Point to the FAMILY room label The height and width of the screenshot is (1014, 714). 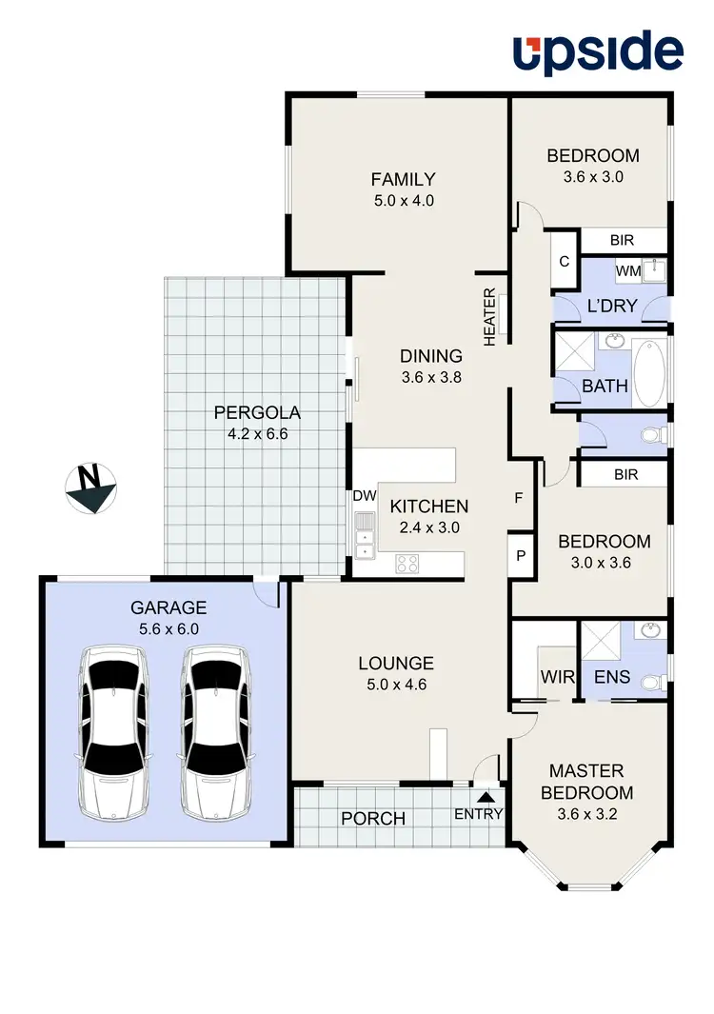point(403,179)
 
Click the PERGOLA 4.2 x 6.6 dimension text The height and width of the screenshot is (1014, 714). point(257,434)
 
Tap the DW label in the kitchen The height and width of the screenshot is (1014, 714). point(365,495)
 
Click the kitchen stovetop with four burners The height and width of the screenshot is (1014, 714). point(407,563)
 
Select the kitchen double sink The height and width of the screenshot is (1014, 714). point(364,534)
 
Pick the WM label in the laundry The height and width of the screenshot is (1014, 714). point(627,271)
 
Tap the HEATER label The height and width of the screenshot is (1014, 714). point(490,316)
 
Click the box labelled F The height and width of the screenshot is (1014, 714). point(520,497)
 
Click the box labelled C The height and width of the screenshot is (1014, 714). point(564,261)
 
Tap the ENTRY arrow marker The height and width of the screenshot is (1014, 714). point(486,797)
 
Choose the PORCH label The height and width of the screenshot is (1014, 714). point(373,819)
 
